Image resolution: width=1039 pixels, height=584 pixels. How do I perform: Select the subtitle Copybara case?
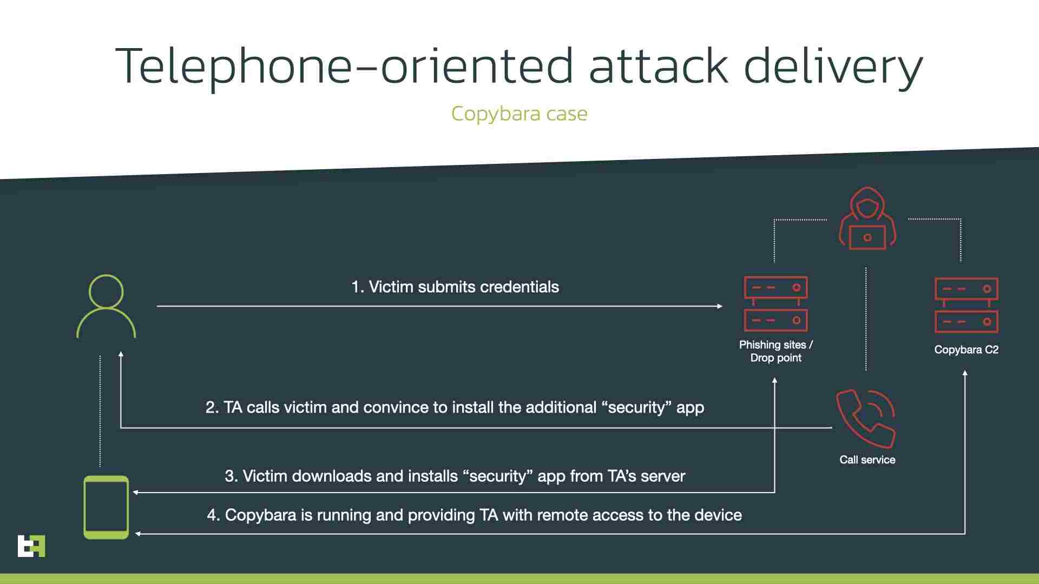pos(519,114)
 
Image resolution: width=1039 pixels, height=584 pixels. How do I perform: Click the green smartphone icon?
pos(106,507)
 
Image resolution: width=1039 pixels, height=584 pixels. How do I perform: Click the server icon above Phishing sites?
pos(775,304)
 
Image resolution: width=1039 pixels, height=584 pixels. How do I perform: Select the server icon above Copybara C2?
pos(966,305)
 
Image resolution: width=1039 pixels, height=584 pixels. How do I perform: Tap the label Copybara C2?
pos(966,350)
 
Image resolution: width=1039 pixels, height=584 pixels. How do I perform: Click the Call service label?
pos(867,460)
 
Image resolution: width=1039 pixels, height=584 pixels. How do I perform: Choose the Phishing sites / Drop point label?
pos(775,351)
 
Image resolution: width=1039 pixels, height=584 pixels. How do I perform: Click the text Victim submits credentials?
pos(464,287)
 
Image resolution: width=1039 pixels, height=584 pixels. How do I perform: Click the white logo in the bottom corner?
pos(31,546)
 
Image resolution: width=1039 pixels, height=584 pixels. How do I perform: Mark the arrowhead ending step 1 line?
pos(720,306)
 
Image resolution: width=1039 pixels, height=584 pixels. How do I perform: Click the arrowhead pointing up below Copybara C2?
pos(965,373)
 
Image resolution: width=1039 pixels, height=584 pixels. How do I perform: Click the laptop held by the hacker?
pos(867,237)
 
